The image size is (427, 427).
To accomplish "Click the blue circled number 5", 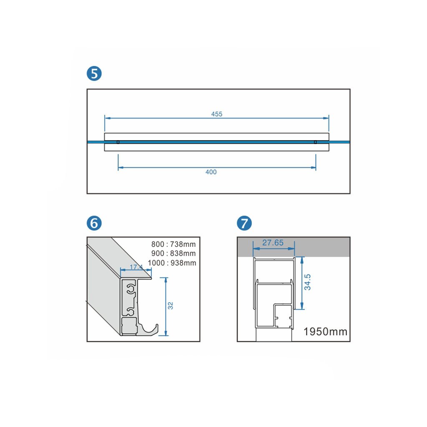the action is tap(94, 73).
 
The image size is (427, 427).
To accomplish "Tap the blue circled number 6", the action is tap(94, 224).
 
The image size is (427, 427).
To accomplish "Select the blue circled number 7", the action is tap(244, 224).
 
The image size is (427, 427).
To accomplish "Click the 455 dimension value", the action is tap(217, 114).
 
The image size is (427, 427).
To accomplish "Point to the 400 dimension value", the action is tap(211, 172).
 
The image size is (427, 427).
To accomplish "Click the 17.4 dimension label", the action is tap(136, 267).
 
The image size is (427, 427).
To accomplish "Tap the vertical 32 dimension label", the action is tap(171, 306).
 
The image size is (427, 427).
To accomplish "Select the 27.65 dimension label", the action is tap(273, 242).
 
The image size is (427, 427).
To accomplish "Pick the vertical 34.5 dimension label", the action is tap(307, 282).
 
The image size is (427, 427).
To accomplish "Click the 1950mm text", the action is tap(325, 332).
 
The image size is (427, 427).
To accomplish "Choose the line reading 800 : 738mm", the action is tap(173, 244).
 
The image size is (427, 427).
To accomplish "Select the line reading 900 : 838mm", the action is tap(173, 254).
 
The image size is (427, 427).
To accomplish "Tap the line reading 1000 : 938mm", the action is tap(172, 263).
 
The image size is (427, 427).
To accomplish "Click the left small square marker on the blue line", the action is tap(118, 142).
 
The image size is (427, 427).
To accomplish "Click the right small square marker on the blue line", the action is tap(315, 142).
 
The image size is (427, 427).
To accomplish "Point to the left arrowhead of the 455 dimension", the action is tap(108, 118).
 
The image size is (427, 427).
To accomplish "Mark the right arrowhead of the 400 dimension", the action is tap(313, 168).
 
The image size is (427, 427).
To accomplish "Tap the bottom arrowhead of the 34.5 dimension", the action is tap(302, 306).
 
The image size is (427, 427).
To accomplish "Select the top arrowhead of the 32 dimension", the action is tap(166, 281).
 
